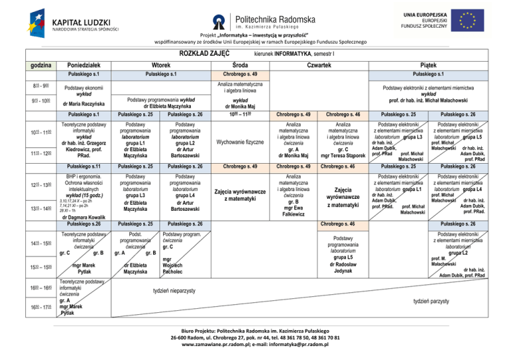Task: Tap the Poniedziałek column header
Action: tap(84, 64)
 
